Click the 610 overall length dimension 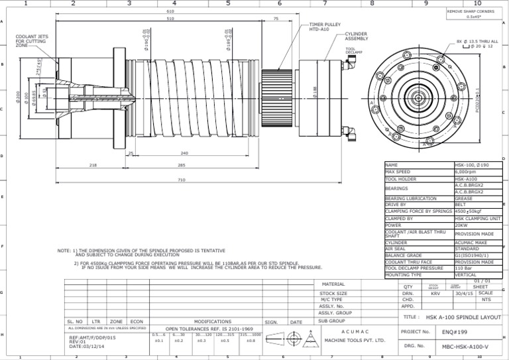coord(170,11)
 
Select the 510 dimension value coord(170,19)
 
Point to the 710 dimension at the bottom coord(182,180)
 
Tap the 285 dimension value coord(181,164)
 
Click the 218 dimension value coord(93,164)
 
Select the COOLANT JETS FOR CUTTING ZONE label coord(30,41)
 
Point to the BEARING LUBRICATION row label coord(411,198)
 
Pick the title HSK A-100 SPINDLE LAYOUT coord(463,318)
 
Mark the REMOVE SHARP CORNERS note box coord(471,14)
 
